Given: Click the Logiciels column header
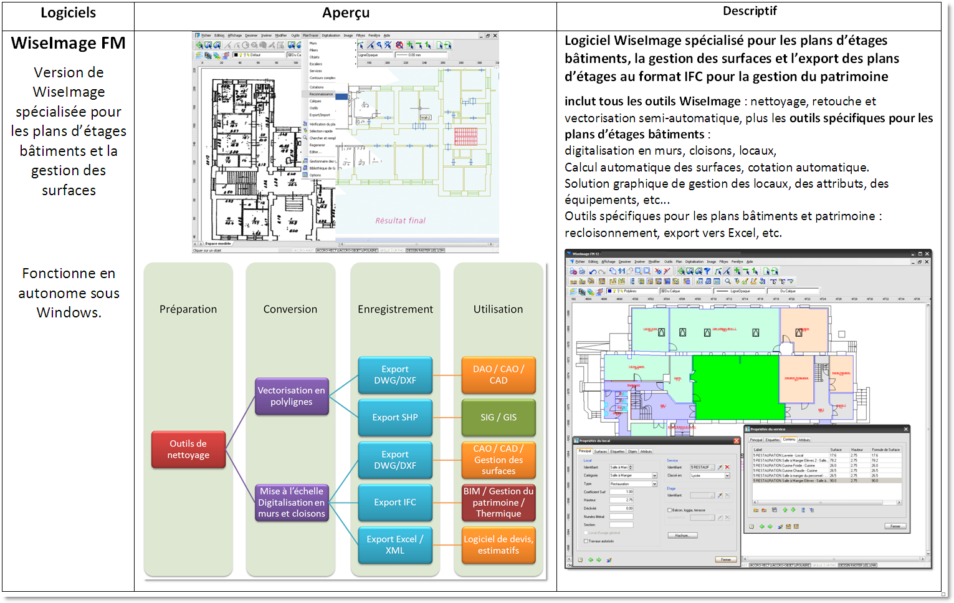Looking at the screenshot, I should [68, 13].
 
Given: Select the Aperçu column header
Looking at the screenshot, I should [346, 13].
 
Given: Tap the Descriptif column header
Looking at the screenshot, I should [749, 11].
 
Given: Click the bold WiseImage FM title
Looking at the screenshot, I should [68, 43].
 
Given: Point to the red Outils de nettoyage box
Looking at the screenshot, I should [188, 450].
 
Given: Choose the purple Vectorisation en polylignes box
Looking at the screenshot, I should [292, 397].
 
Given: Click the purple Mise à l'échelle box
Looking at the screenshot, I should [292, 503].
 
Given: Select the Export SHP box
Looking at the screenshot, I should [395, 418].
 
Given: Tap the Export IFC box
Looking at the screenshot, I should [395, 503].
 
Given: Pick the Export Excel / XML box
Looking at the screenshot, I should [395, 545].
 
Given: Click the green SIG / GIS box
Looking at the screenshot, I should [498, 418].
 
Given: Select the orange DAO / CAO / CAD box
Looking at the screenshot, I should [498, 375].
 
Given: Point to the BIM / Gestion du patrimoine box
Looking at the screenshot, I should [498, 503].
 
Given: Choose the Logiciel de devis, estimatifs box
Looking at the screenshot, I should [498, 545].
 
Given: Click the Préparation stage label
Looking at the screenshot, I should [188, 309].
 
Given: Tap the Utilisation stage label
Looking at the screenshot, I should [498, 309].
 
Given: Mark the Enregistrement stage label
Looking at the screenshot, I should [395, 309].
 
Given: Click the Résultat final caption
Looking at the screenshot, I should [400, 221].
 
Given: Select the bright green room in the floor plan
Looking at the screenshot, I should [735, 387].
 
